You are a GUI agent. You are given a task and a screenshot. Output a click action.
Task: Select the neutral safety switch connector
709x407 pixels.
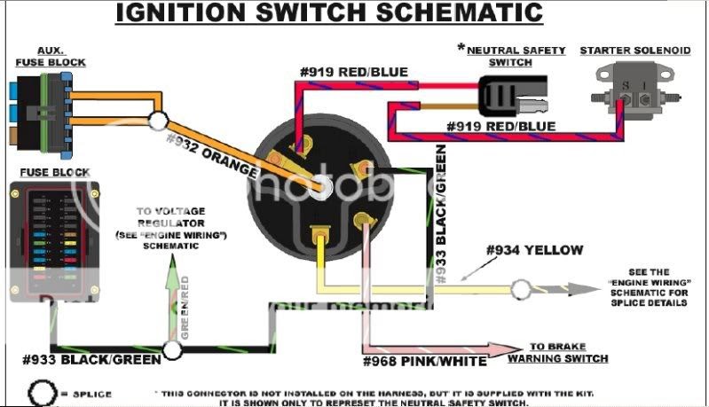509,96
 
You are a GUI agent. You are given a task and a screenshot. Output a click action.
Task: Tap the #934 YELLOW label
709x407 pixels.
534,251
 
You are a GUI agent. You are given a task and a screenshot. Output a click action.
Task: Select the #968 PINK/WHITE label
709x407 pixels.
424,361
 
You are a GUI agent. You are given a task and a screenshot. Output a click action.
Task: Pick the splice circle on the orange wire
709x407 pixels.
160,121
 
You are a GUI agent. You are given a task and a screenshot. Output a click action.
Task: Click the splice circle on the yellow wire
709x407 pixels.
521,288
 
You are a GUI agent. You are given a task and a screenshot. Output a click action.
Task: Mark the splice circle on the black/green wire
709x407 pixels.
172,349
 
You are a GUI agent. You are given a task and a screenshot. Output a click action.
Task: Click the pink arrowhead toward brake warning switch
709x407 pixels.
513,348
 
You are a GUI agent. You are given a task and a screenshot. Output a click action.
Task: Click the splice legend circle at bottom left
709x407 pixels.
39,391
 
